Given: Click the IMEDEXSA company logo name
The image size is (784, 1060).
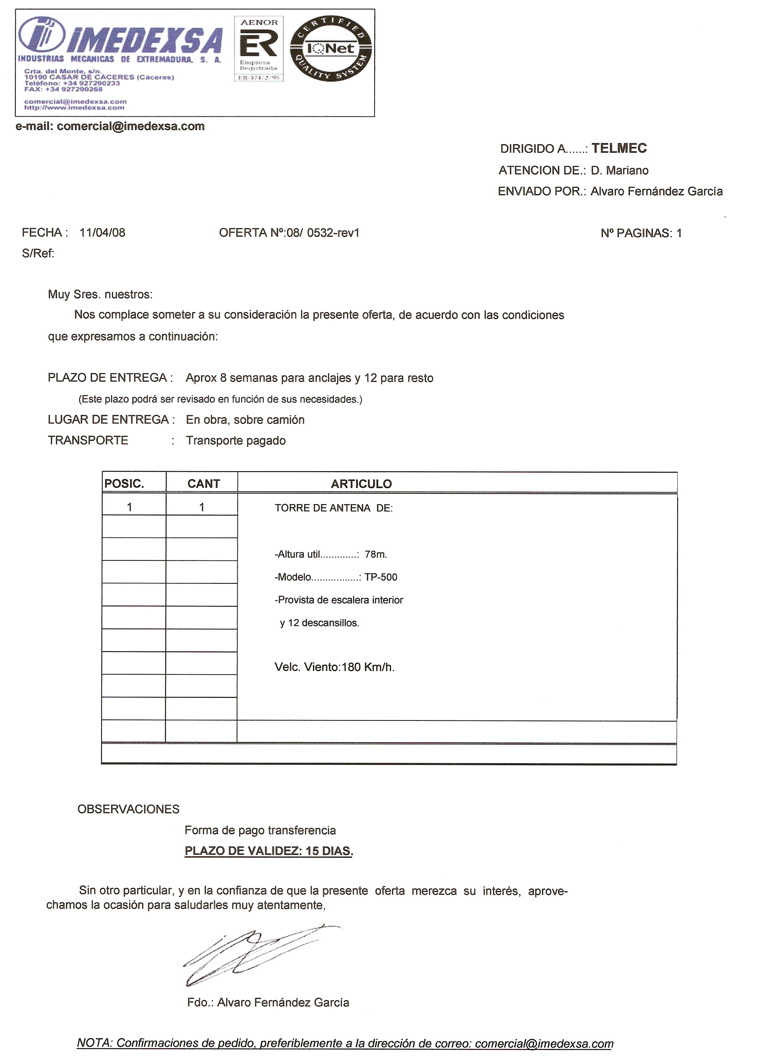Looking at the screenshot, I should (x=142, y=41).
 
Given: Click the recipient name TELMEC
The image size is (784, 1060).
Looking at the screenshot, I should (x=619, y=149).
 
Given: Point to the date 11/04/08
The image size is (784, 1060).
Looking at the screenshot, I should (x=102, y=232).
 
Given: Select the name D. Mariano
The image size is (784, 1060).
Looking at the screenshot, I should (x=619, y=170).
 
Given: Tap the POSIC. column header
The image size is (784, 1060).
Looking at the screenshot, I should (x=124, y=484).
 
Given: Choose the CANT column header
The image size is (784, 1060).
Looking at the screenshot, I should (x=203, y=484).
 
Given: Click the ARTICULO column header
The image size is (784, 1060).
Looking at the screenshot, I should (x=361, y=484).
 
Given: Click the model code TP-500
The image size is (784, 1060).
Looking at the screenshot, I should (x=381, y=577).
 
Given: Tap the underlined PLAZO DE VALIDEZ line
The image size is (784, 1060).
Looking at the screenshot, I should (x=269, y=851).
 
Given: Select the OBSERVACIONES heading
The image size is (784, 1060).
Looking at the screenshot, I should (x=128, y=809).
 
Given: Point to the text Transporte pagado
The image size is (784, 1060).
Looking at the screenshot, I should (x=236, y=441).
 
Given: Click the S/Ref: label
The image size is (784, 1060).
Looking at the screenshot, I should (x=38, y=254).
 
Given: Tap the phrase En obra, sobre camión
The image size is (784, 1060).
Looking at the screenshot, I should (x=245, y=420).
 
